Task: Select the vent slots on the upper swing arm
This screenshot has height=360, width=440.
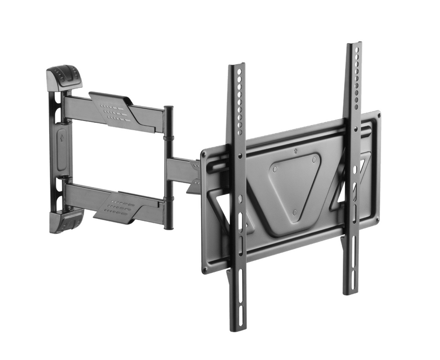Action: tap(113, 111)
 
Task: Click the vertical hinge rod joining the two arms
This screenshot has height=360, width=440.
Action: tap(169, 167)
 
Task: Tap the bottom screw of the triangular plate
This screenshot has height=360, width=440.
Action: tap(295, 212)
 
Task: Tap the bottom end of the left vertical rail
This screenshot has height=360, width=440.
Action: tap(237, 326)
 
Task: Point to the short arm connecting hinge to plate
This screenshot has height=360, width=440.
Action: tap(183, 170)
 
